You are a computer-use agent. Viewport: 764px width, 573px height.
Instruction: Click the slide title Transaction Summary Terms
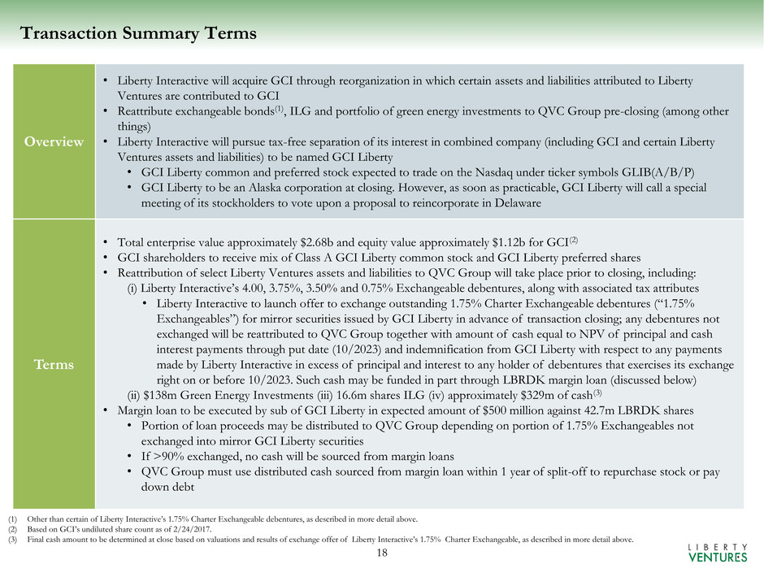pos(138,33)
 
